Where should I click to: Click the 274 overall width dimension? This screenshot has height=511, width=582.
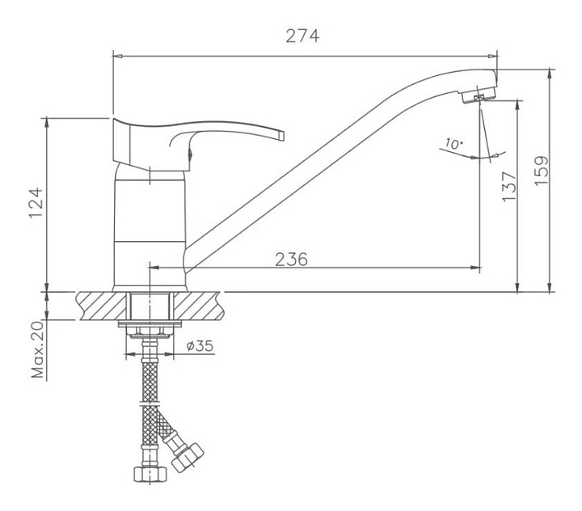pyautogui.click(x=302, y=36)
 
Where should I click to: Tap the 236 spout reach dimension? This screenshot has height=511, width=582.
pyautogui.click(x=291, y=260)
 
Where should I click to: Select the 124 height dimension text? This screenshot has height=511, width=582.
pyautogui.click(x=36, y=204)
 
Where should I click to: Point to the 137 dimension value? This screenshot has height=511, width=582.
pyautogui.click(x=509, y=186)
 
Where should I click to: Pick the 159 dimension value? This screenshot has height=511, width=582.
pyautogui.click(x=542, y=171)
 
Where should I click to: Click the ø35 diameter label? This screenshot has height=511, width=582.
pyautogui.click(x=200, y=346)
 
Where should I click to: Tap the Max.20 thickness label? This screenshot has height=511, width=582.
pyautogui.click(x=37, y=349)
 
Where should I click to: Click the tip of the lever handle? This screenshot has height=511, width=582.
pyautogui.click(x=282, y=135)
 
